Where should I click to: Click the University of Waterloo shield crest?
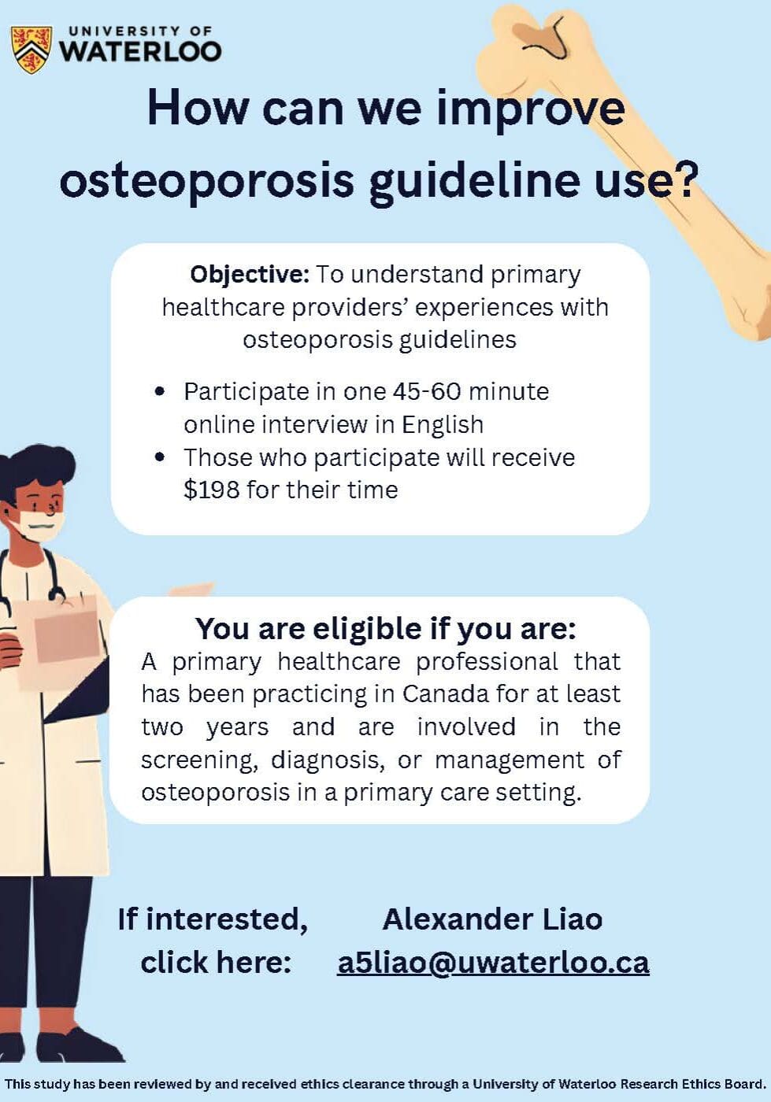click(31, 50)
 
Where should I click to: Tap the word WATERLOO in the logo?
click(140, 52)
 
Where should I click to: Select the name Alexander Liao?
click(492, 919)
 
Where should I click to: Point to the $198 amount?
click(212, 490)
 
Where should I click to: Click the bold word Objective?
click(250, 275)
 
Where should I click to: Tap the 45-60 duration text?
click(427, 392)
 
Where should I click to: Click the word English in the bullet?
click(443, 424)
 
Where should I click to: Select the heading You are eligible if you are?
click(386, 629)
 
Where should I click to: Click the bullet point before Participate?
click(159, 392)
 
